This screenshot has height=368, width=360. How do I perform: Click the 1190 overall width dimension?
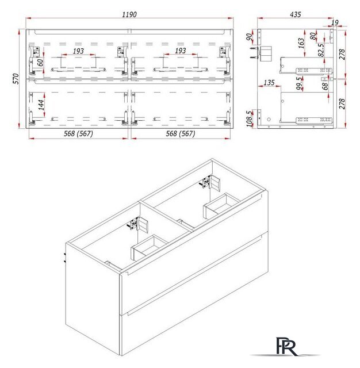pos(129,15)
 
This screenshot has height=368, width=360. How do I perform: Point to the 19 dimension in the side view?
pos(335,22)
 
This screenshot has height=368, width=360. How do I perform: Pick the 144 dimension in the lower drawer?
pos(41,105)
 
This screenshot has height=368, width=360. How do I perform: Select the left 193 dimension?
pos(79,51)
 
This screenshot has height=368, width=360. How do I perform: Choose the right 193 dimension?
pos(180,51)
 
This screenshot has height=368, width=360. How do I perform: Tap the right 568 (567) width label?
pos(181,133)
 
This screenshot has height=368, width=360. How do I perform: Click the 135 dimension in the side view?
pos(269,83)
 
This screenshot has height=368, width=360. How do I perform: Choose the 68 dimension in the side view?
pos(325,86)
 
